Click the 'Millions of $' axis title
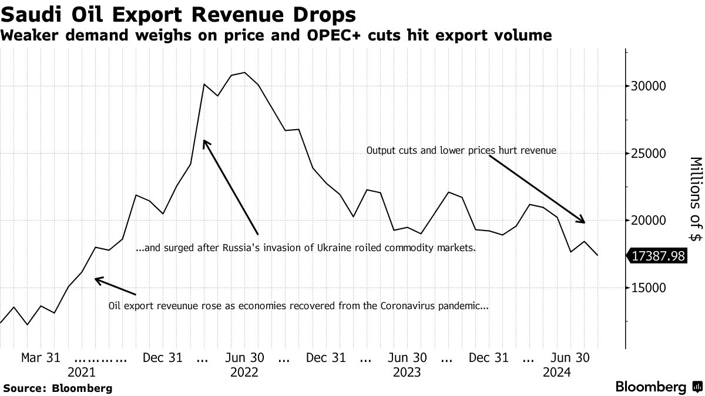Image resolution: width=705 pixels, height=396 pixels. tap(695, 199)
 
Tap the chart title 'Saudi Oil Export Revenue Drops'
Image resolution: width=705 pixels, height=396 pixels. tap(179, 13)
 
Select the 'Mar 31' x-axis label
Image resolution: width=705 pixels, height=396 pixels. tap(41, 357)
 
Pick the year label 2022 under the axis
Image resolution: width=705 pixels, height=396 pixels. tap(244, 372)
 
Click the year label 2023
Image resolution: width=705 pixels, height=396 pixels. tap(407, 372)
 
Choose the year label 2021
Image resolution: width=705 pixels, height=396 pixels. tap(82, 372)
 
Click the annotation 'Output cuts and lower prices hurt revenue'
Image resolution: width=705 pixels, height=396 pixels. tap(461, 151)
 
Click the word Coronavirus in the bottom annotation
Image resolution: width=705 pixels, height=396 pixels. tap(411, 306)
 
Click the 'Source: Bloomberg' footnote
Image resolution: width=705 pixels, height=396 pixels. tap(58, 388)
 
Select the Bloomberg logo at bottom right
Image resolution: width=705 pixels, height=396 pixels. tap(658, 387)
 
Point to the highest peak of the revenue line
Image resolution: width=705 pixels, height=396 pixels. tap(244, 73)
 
